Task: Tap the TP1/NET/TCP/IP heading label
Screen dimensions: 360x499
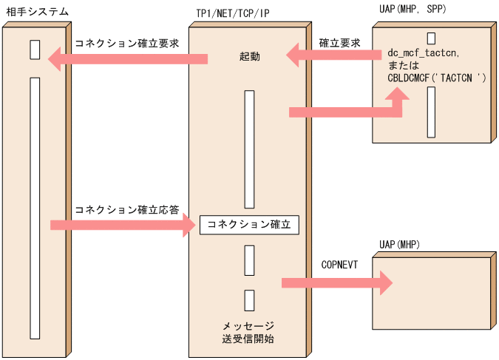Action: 234,13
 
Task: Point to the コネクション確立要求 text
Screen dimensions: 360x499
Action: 126,43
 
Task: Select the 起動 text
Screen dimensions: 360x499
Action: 250,57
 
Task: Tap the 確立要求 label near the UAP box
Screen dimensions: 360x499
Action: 340,43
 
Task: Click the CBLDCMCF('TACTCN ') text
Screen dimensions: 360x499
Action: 436,77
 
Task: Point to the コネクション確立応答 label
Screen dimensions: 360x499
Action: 126,210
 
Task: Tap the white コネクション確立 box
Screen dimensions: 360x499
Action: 249,224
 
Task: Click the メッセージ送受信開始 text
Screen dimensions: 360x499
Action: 248,333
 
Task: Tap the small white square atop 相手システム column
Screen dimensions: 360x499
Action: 35,49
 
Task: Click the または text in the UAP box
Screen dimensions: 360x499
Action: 404,65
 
